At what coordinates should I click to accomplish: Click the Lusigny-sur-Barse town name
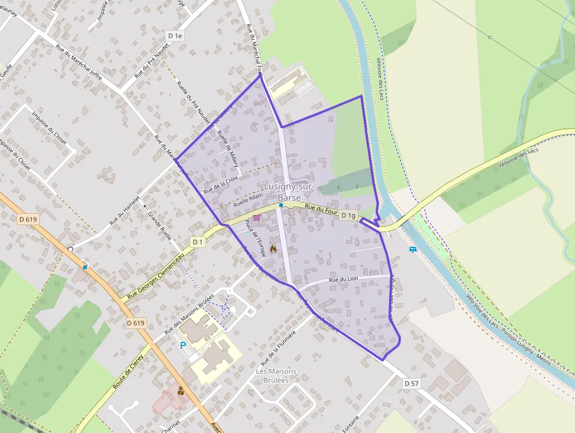(289, 192)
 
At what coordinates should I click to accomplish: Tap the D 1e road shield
(175, 36)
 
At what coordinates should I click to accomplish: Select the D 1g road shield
(349, 216)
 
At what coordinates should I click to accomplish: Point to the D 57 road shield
(412, 384)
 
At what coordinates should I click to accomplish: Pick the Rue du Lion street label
(343, 280)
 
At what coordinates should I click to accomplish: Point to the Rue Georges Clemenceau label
(156, 274)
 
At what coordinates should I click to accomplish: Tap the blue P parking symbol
(183, 345)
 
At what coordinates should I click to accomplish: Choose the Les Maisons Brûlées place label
(276, 375)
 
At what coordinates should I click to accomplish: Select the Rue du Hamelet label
(125, 210)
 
